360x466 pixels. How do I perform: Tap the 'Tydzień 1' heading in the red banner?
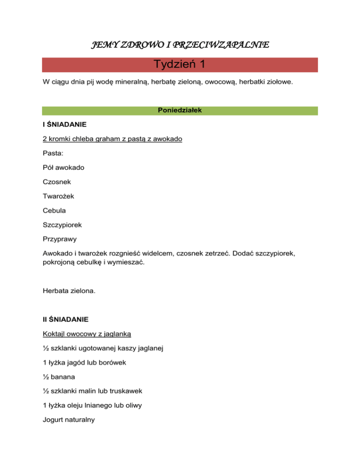[x=180, y=65]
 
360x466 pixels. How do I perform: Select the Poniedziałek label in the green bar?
[x=180, y=111]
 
